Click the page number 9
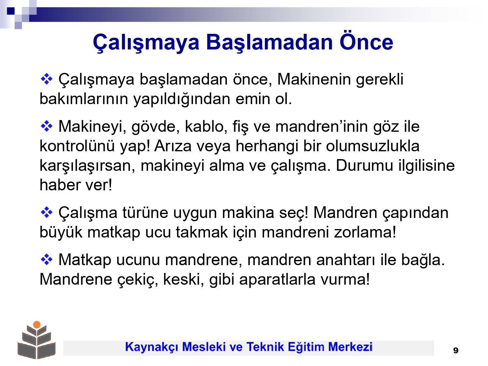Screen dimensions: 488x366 pyautogui.click(x=455, y=350)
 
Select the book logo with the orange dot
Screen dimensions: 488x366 pyautogui.click(x=37, y=340)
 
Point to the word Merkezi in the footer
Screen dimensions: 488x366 pyautogui.click(x=350, y=347)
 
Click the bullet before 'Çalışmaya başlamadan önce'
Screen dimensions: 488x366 pyautogui.click(x=47, y=79)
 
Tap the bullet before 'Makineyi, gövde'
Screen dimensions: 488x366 pyautogui.click(x=47, y=126)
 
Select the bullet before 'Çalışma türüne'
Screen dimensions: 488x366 pyautogui.click(x=47, y=212)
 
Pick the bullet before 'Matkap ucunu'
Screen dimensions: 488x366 pyautogui.click(x=47, y=260)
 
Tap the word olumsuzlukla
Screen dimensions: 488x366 pyautogui.click(x=373, y=146)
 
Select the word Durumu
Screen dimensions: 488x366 pyautogui.click(x=364, y=166)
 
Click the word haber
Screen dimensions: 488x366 pyautogui.click(x=60, y=185)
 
